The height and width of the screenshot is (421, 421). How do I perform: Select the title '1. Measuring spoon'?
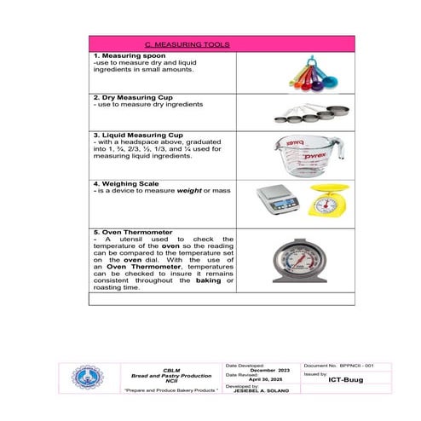[130, 55]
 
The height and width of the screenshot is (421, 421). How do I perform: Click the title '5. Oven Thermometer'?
[137, 232]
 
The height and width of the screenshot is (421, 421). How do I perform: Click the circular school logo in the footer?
[86, 377]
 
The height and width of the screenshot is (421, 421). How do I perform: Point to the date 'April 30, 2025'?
[264, 379]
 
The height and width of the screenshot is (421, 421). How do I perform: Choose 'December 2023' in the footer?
[262, 369]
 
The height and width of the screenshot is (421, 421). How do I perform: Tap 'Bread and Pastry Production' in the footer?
[170, 375]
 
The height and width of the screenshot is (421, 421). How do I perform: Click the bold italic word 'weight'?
[186, 191]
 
